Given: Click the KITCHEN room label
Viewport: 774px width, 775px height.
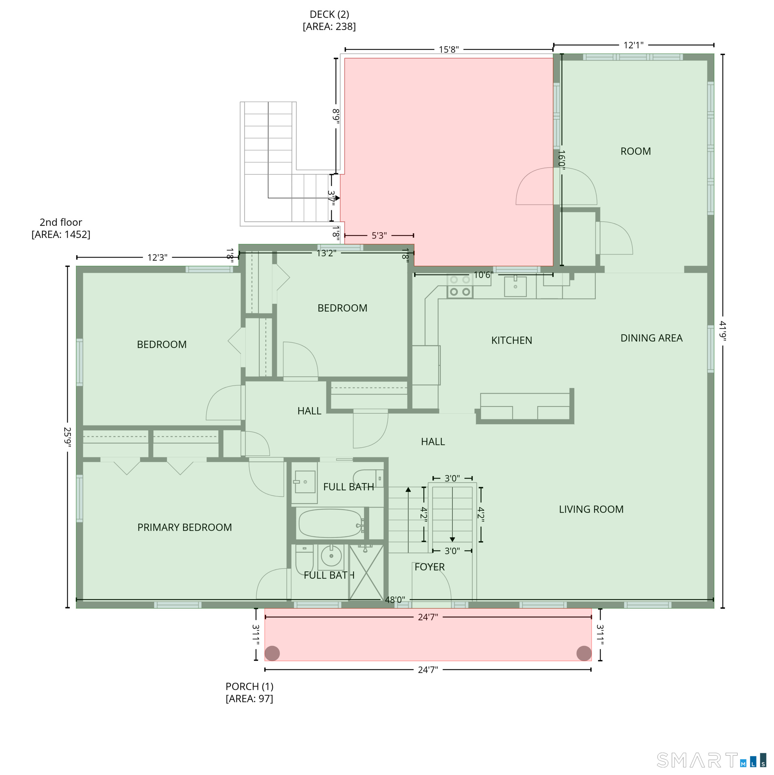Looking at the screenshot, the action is (511, 340).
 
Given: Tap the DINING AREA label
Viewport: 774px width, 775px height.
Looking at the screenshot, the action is (651, 338).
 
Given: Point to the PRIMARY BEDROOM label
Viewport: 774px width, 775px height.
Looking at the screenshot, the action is (184, 527).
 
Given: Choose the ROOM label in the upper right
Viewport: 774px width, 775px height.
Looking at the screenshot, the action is (635, 151).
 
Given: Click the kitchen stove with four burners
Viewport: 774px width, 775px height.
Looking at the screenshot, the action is (460, 286).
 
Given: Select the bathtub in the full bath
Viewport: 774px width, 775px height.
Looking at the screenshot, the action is (331, 523).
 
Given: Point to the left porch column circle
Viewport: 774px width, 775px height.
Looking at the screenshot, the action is (272, 653).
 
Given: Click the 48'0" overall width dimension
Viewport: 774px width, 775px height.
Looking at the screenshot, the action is (395, 600).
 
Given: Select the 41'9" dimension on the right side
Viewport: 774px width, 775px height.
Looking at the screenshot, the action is (722, 331).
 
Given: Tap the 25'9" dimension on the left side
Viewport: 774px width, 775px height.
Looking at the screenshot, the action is (67, 437).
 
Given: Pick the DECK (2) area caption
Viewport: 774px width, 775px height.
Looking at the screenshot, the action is (329, 21).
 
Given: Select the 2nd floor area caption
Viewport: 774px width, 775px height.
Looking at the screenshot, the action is (61, 228).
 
